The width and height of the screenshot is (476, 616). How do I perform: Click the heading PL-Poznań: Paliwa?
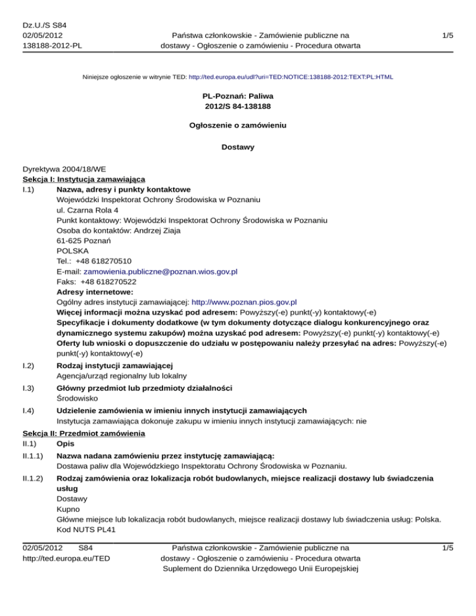coord(238,97)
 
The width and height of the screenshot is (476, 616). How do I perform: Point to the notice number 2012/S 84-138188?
coord(238,108)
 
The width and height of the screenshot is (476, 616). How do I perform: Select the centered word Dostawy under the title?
coord(238,149)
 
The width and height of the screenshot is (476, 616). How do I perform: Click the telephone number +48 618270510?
coord(104,262)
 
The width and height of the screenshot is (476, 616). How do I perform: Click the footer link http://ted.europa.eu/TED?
coord(66,558)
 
